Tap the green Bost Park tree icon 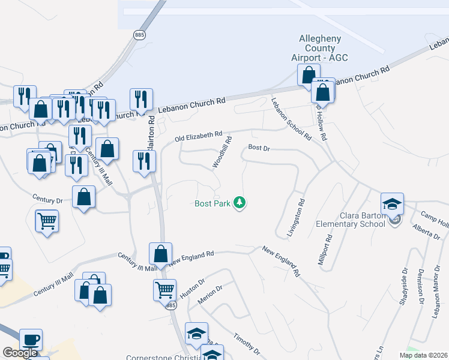pyautogui.click(x=240, y=203)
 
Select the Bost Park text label pyautogui.click(x=213, y=203)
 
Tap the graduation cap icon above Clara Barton pyautogui.click(x=392, y=204)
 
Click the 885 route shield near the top pyautogui.click(x=139, y=35)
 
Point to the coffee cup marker pyautogui.click(x=31, y=340)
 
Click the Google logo pyautogui.click(x=20, y=353)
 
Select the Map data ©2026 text pyautogui.click(x=423, y=355)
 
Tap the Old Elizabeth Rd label pyautogui.click(x=199, y=137)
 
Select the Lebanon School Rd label pyautogui.click(x=291, y=119)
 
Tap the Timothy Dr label pyautogui.click(x=247, y=342)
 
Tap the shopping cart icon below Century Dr pyautogui.click(x=47, y=221)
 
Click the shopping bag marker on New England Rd pyautogui.click(x=161, y=254)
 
